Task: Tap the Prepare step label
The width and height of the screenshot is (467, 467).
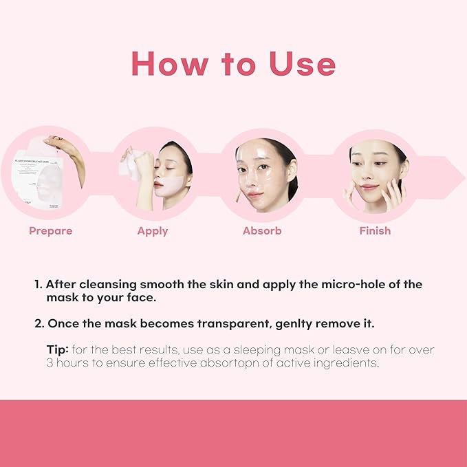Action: tap(50, 231)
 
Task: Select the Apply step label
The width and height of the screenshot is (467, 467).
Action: tap(153, 231)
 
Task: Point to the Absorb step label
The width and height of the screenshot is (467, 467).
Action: tap(262, 231)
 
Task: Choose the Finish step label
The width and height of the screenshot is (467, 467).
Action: tap(375, 231)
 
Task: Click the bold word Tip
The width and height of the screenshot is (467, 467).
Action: tap(57, 350)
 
